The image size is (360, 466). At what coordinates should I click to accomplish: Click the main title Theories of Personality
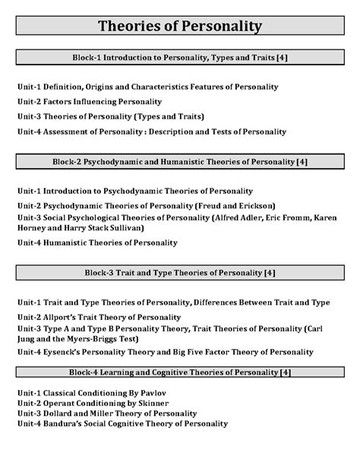[x=180, y=27]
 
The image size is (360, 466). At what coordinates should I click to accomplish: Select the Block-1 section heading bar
[x=180, y=57]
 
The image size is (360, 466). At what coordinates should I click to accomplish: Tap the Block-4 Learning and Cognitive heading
[x=180, y=372]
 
